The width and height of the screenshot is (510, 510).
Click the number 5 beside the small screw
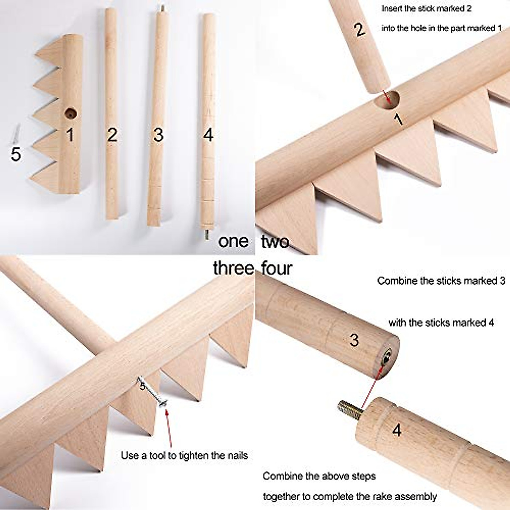15,154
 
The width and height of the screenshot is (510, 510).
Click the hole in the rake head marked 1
70,113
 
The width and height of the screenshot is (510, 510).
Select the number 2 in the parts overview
112,135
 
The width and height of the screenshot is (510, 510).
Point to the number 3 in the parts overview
158,135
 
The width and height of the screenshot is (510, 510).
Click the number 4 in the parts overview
208,135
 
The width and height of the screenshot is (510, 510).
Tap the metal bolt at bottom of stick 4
207,234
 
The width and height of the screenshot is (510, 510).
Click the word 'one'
233,241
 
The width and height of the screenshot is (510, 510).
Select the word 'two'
275,241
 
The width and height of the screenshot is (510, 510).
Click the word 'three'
233,268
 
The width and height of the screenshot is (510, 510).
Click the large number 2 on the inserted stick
360,30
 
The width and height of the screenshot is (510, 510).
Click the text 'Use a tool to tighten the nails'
184,456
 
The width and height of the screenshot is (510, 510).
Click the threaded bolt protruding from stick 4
348,409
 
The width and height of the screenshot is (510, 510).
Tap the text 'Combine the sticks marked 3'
441,281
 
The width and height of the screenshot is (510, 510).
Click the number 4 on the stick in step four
397,430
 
